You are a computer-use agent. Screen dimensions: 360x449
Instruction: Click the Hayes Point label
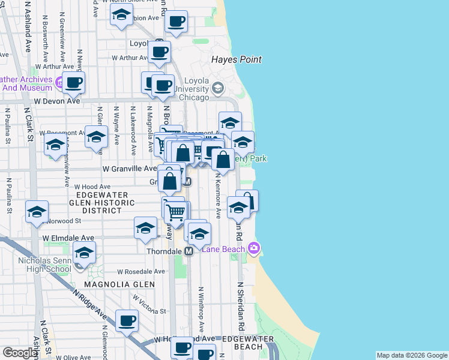236,59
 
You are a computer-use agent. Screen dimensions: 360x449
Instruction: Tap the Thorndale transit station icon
188,251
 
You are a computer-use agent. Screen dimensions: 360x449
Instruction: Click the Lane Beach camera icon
254,248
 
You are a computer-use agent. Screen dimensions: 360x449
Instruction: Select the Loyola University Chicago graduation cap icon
217,89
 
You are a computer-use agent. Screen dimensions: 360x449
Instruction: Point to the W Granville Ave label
130,169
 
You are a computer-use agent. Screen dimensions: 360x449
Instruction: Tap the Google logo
20,353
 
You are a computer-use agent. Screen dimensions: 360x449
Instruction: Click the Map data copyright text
412,355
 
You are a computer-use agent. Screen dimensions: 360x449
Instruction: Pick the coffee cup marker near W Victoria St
127,320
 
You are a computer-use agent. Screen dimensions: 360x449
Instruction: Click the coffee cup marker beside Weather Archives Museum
74,83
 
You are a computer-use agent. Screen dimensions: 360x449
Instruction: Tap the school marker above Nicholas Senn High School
85,253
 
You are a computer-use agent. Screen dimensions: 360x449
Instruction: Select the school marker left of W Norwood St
37,212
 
